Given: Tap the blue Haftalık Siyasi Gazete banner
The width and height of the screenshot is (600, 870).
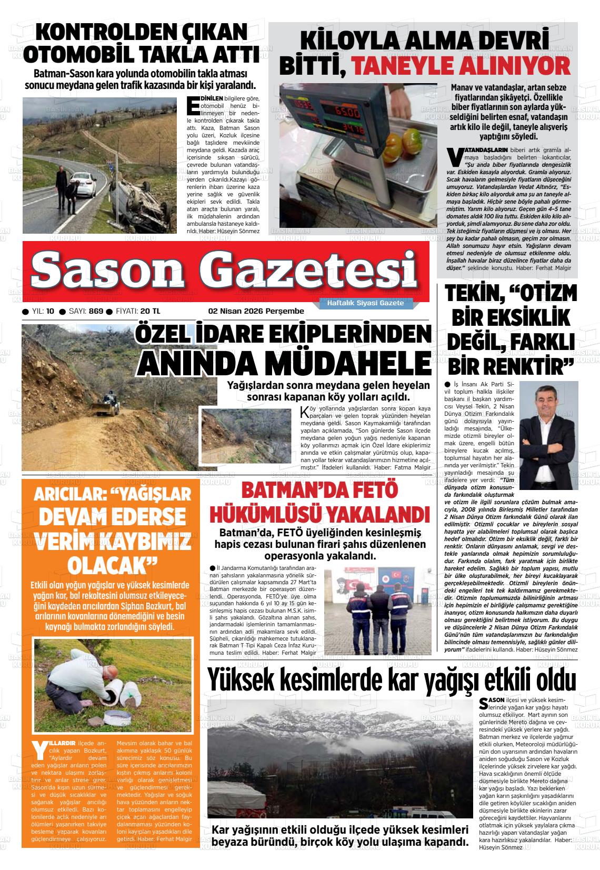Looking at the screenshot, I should pos(365,303).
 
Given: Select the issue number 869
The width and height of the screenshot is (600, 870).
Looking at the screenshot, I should pos(96,311).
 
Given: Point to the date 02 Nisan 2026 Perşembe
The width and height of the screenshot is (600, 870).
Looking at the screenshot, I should pos(256,311).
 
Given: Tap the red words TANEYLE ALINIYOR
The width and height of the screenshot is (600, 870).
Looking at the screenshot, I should pos(461,66).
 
